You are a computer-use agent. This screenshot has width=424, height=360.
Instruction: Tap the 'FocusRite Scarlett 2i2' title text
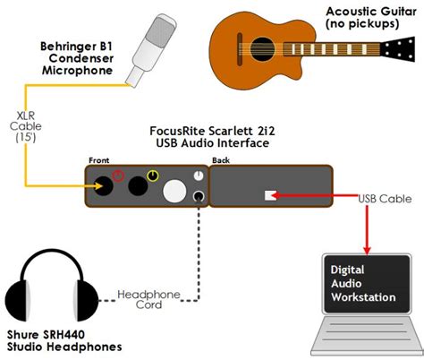[209, 134]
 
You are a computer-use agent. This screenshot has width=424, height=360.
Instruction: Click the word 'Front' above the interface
[99, 161]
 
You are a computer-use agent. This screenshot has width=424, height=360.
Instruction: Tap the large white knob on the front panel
[174, 191]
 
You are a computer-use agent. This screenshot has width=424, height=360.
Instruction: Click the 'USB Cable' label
[386, 198]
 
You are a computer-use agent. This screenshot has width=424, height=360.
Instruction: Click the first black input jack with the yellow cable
[105, 187]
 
